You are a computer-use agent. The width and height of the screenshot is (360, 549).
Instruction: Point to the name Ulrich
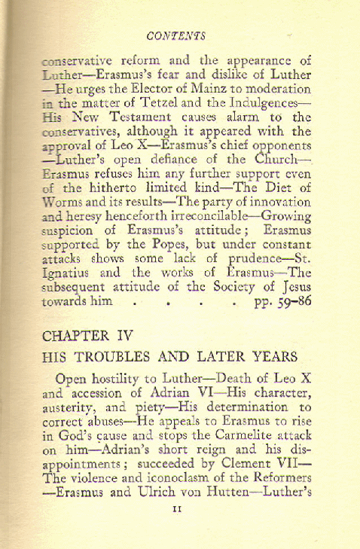point(149,501)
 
